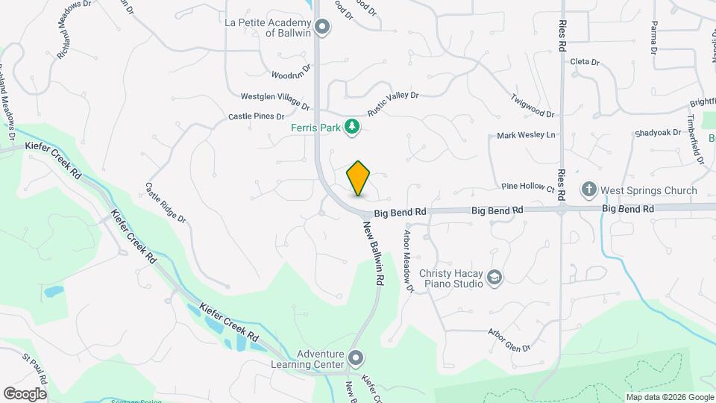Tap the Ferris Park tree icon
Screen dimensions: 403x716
point(352,128)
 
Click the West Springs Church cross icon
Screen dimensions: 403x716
point(588,190)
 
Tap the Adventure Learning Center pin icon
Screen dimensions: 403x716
point(356,360)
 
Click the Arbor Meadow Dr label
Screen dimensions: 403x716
point(407,260)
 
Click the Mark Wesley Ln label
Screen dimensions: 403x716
point(527,136)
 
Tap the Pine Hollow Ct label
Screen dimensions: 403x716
point(528,187)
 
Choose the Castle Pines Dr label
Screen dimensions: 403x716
point(256,116)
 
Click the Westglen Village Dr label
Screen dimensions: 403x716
point(274,99)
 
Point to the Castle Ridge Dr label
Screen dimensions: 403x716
point(165,203)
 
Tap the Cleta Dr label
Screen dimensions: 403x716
point(585,62)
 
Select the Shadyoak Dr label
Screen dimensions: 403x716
point(658,133)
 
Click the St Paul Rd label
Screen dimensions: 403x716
point(35,366)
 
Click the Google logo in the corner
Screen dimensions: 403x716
point(25,394)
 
